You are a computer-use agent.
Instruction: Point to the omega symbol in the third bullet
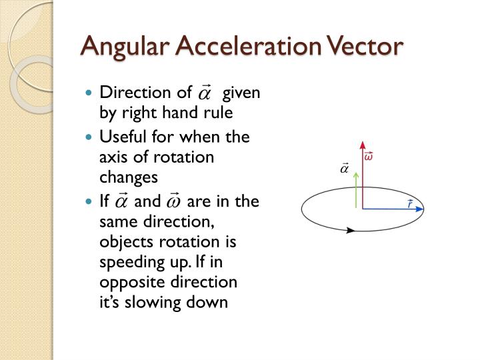(x=174, y=202)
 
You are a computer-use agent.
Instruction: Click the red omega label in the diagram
(x=368, y=157)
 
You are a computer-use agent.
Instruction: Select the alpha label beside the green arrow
(x=345, y=169)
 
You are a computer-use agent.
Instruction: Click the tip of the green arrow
(x=356, y=172)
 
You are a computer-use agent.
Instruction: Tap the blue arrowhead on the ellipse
(x=419, y=209)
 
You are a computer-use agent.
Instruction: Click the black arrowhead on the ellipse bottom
(x=350, y=230)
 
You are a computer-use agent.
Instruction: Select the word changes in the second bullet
(x=129, y=177)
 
